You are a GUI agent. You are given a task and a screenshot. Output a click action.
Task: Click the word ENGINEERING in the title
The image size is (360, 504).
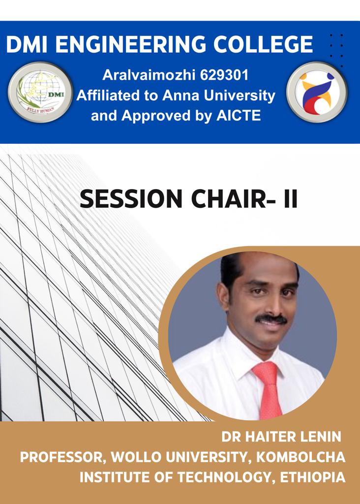point(131,44)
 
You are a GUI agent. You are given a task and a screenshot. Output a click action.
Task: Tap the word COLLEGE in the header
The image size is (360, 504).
point(263,44)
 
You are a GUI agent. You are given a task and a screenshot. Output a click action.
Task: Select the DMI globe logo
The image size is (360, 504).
point(40,92)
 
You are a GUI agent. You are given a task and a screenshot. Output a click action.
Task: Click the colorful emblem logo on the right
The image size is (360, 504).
point(317,92)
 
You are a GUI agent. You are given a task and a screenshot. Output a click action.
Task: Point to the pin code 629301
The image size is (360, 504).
point(224,75)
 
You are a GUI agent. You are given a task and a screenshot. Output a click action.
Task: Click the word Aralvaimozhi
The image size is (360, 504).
point(149,75)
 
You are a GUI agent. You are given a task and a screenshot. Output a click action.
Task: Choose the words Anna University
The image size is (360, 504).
point(219,95)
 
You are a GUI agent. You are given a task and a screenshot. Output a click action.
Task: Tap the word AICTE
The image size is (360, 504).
point(239,116)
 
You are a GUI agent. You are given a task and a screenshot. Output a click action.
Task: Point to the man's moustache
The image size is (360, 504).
point(271,319)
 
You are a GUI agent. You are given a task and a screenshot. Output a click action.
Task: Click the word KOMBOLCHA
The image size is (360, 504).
point(300,457)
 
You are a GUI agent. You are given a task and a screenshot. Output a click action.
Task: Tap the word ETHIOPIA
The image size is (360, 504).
point(313,477)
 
